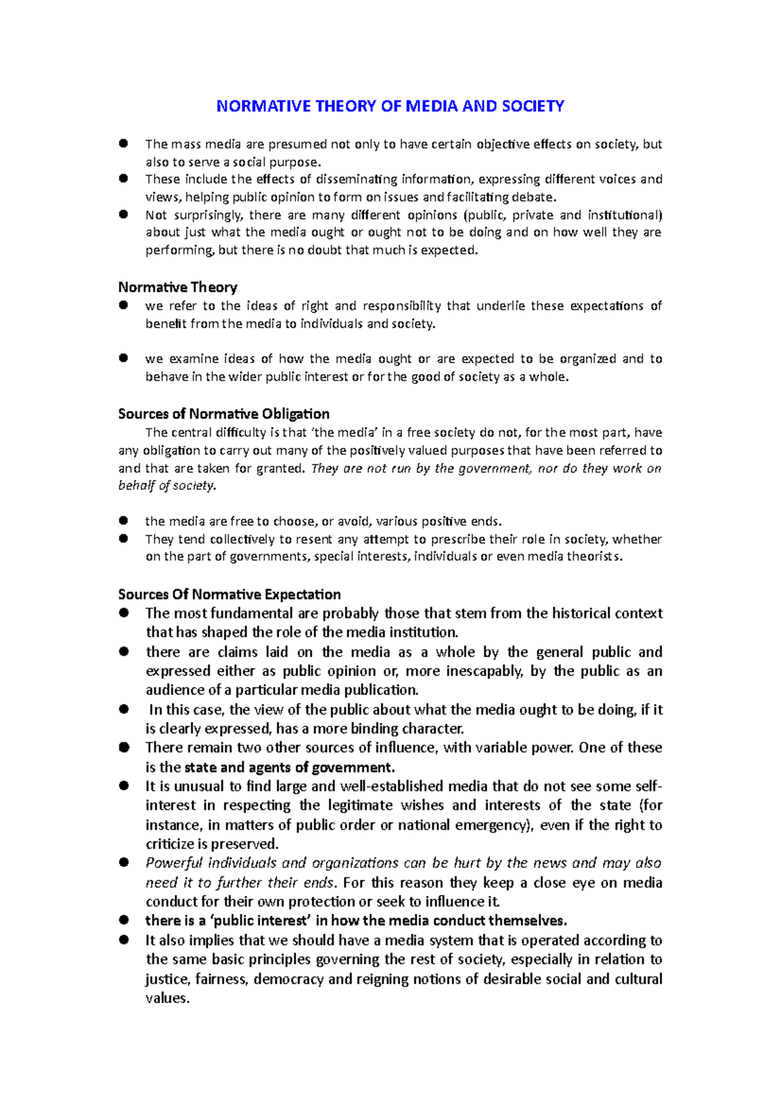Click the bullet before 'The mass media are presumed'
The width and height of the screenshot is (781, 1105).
(124, 143)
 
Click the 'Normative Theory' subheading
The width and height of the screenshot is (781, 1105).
(178, 287)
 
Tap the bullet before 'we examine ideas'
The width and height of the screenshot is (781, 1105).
(124, 358)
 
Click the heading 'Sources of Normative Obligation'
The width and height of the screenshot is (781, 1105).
(223, 414)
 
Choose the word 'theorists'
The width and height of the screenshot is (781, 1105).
(594, 556)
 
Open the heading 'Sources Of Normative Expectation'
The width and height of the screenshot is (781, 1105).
(229, 594)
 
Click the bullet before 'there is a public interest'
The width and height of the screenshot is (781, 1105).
(124, 920)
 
